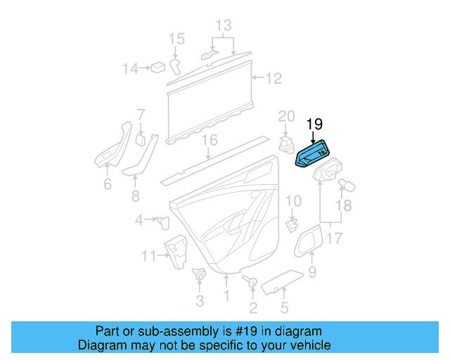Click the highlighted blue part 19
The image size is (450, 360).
click(313, 154)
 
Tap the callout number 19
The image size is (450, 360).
click(314, 124)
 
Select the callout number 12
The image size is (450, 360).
click(273, 78)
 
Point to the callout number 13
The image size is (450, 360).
click(223, 26)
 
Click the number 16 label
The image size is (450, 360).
click(209, 140)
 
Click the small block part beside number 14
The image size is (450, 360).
click(159, 67)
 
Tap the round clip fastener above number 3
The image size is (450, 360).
click(199, 275)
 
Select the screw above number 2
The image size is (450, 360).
click(250, 281)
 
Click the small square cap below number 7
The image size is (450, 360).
click(141, 139)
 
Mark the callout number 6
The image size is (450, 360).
click(107, 184)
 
